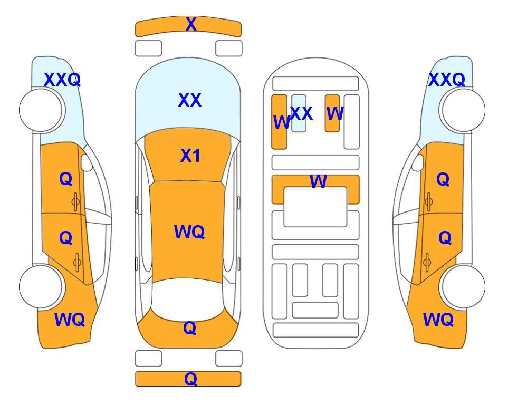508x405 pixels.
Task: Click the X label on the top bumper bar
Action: (x=191, y=24)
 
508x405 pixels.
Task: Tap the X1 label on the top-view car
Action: (x=190, y=156)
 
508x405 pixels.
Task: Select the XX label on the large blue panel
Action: (x=190, y=100)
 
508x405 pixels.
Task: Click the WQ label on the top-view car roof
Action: (x=189, y=232)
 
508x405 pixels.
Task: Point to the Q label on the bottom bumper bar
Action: (x=190, y=379)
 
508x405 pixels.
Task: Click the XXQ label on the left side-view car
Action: (x=62, y=80)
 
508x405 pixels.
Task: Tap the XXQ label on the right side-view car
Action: (x=447, y=80)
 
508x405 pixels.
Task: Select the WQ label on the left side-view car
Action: (x=70, y=320)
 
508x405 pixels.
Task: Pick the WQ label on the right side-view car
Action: (x=438, y=320)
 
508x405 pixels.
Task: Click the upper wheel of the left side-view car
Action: (x=41, y=110)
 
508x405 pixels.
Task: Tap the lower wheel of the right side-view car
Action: (x=463, y=287)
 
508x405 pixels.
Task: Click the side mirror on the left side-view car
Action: (x=86, y=162)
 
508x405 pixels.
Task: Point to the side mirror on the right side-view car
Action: (x=418, y=162)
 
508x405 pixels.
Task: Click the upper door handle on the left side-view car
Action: (x=75, y=202)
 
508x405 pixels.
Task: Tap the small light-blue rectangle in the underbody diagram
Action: (x=299, y=113)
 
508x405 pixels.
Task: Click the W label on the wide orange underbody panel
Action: (x=319, y=181)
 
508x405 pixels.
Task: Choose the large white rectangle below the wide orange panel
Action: (x=315, y=207)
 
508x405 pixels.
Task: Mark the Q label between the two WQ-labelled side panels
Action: (x=190, y=328)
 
